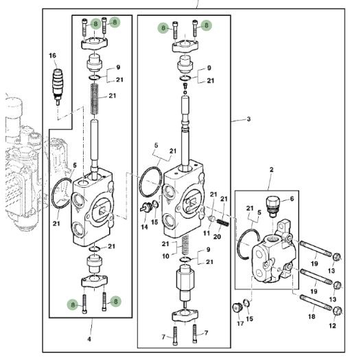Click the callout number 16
click(52, 56)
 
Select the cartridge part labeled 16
click(58, 86)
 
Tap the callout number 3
click(248, 119)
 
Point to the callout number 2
click(272, 170)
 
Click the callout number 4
click(89, 339)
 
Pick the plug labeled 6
click(272, 206)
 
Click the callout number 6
click(292, 199)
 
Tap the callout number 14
click(144, 227)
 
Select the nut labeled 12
click(338, 311)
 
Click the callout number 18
click(312, 317)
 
